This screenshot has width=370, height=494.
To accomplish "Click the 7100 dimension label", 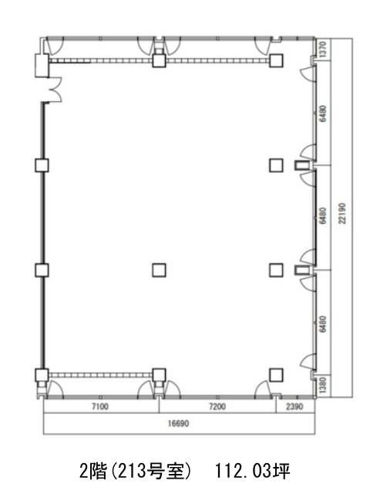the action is (x=100, y=407).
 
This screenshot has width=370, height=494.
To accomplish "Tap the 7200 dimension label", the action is (x=217, y=407).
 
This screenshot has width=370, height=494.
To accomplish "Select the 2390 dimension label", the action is (x=294, y=407).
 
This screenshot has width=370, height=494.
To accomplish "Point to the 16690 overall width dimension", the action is (x=178, y=423).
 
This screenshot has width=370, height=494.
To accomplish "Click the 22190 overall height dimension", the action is (x=342, y=213).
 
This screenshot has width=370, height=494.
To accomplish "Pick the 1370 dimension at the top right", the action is (x=323, y=49).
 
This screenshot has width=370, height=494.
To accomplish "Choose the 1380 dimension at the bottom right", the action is (x=323, y=385).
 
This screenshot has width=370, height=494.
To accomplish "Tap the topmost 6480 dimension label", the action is (x=323, y=113).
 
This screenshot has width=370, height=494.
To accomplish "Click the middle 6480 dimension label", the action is (x=323, y=216).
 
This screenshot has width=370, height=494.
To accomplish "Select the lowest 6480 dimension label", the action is (x=323, y=323).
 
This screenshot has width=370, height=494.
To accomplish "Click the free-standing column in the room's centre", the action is (x=159, y=270).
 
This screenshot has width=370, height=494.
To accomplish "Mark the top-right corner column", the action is (x=276, y=60).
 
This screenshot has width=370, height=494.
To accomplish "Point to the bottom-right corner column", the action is (x=276, y=375).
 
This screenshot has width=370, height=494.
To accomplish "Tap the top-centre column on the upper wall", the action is (x=159, y=60).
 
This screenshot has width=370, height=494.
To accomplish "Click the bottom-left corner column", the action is (x=42, y=375).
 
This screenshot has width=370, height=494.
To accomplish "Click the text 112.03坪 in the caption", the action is (x=252, y=472).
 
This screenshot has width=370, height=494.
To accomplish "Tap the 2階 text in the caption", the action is (x=92, y=472).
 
